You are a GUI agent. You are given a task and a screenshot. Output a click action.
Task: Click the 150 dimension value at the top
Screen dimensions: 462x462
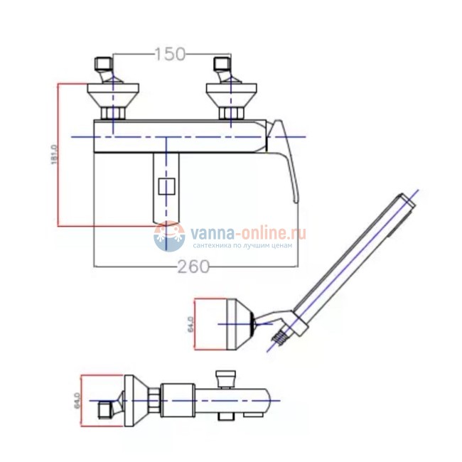(170, 54)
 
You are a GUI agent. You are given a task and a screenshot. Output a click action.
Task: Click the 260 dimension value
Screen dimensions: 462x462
(195, 267)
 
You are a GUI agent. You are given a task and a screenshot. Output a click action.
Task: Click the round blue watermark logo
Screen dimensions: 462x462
(169, 236)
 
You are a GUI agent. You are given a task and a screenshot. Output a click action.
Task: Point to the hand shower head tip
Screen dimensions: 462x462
(407, 202)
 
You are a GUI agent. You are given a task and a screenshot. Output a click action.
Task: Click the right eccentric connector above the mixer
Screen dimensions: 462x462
(222, 71)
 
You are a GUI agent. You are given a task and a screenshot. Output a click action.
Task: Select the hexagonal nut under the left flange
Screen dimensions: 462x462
(113, 114)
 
